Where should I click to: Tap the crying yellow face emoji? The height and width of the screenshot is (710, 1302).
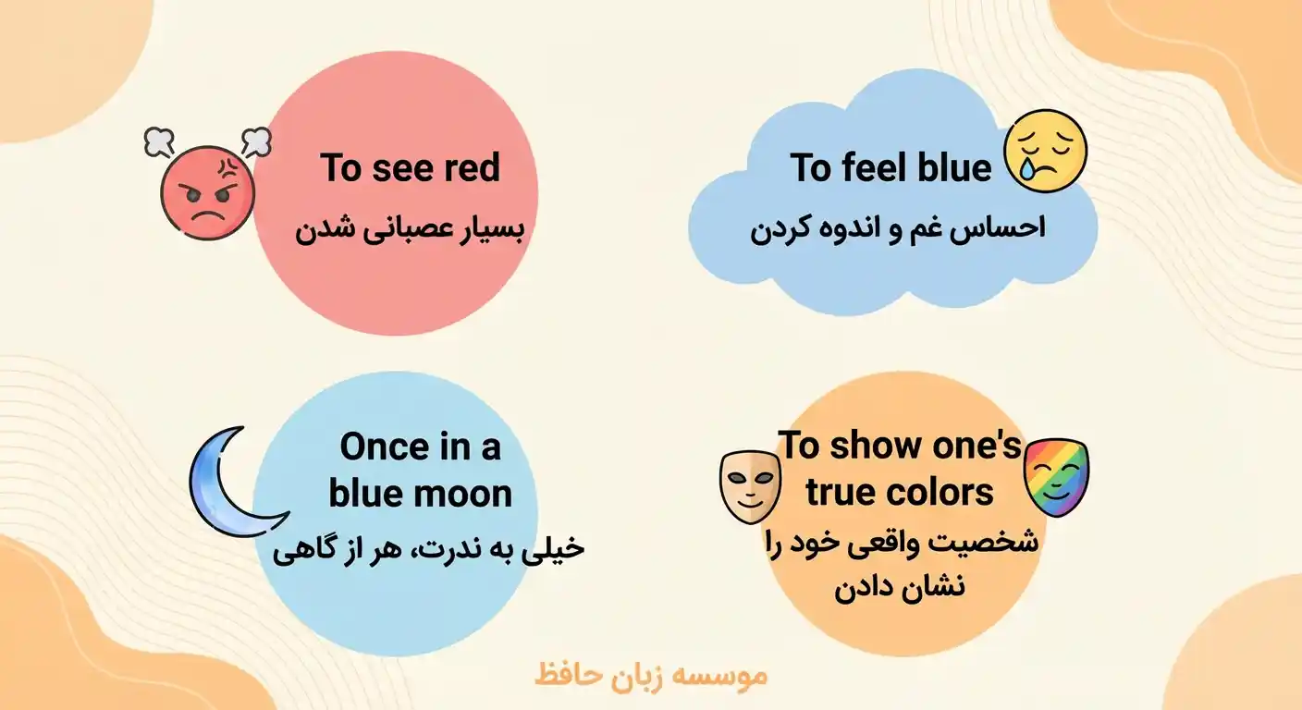pos(1045,151)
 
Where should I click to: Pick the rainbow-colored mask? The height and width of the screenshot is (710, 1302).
pos(1057,477)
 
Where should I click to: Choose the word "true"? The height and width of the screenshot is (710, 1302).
pos(841,493)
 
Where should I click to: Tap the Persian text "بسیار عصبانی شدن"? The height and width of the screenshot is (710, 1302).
pos(410,230)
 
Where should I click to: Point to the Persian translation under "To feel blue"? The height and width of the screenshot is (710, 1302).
pos(897,228)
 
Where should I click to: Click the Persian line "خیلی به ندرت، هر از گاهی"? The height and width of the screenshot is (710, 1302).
pos(429,550)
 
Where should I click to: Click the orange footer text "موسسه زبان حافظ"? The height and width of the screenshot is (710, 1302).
pos(651,674)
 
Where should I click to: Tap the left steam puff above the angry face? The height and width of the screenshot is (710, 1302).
pos(159,141)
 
